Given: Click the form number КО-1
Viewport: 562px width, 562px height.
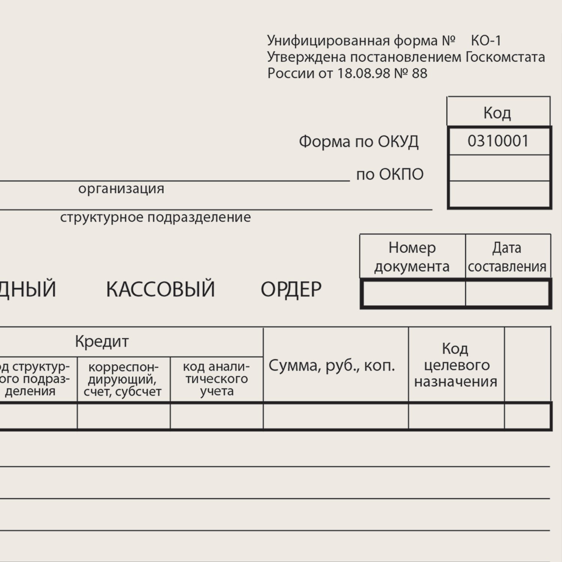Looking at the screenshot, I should pyautogui.click(x=486, y=40).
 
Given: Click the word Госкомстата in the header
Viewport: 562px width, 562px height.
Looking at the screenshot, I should pyautogui.click(x=505, y=57).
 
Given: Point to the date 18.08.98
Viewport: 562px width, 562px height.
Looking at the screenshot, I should pyautogui.click(x=363, y=73).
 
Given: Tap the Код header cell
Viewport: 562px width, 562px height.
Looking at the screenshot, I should pyautogui.click(x=497, y=112).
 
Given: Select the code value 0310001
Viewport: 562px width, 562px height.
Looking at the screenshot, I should pyautogui.click(x=498, y=141).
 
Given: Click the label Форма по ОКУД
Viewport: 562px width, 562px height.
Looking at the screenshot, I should pyautogui.click(x=358, y=142).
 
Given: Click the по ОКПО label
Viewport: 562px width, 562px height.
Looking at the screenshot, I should pyautogui.click(x=390, y=174).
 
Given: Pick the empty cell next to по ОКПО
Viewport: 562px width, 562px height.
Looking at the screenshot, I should pyautogui.click(x=499, y=168).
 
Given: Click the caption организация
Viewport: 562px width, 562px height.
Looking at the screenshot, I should pyautogui.click(x=121, y=188).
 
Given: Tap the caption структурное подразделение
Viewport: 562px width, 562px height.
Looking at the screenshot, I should pyautogui.click(x=155, y=217).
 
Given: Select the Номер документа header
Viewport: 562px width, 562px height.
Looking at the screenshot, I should pyautogui.click(x=412, y=257).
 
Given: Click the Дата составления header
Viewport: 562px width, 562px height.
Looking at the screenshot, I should pyautogui.click(x=507, y=257).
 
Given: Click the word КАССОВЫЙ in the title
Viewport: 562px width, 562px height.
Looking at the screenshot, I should pyautogui.click(x=160, y=289).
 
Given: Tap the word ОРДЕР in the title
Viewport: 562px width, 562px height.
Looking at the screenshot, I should pyautogui.click(x=291, y=289).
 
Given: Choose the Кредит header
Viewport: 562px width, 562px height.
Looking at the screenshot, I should pyautogui.click(x=102, y=341).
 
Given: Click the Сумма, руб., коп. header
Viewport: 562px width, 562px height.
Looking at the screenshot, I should pyautogui.click(x=332, y=365).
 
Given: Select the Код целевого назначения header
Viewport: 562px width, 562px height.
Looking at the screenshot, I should pyautogui.click(x=456, y=365).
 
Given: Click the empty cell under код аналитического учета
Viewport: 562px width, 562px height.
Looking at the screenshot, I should pyautogui.click(x=217, y=416).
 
